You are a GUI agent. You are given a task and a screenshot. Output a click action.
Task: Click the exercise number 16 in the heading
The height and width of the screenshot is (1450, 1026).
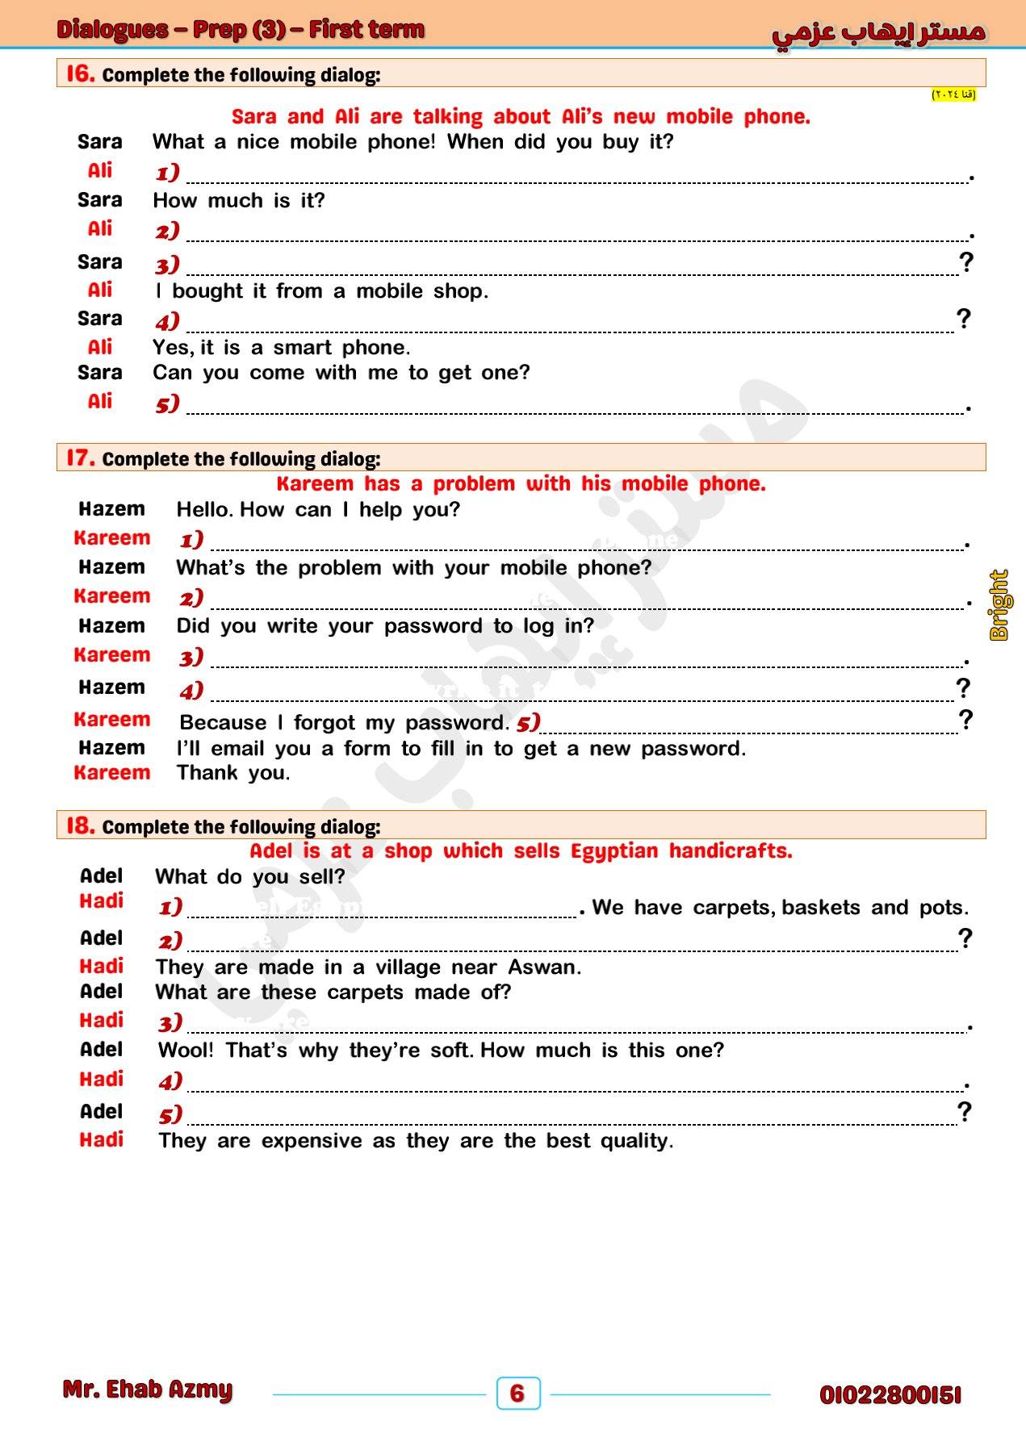click(80, 73)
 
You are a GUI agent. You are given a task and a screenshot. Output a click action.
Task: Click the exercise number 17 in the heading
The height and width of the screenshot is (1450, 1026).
click(80, 458)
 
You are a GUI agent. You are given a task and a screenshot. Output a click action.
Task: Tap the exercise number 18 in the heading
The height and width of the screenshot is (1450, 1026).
click(80, 825)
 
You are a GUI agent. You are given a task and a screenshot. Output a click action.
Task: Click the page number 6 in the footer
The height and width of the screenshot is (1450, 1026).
click(517, 1393)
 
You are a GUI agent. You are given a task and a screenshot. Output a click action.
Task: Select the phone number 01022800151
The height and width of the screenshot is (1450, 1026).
click(890, 1395)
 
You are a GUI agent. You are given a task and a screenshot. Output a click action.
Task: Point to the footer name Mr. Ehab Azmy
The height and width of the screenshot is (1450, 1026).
click(147, 1389)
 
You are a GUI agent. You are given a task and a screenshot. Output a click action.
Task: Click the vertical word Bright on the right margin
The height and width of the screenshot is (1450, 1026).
click(999, 604)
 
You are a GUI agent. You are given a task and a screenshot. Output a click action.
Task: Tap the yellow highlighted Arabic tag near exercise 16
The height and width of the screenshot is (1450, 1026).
click(953, 94)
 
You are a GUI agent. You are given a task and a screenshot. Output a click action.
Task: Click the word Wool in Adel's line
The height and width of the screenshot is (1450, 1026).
click(186, 1050)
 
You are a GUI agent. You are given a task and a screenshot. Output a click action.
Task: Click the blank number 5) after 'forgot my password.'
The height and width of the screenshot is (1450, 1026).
click(528, 721)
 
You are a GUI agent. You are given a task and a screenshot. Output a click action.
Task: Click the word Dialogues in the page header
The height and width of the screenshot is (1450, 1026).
click(112, 30)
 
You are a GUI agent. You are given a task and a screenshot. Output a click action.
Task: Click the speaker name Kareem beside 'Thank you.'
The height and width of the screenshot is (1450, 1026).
click(111, 772)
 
